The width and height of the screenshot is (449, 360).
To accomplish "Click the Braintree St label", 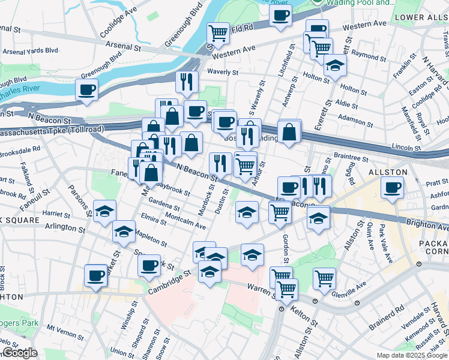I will (351, 158).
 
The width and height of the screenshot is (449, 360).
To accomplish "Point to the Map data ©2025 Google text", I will (412, 355).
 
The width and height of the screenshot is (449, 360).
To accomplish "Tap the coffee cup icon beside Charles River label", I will (86, 90).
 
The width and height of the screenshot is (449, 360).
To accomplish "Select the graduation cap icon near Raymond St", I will (335, 65).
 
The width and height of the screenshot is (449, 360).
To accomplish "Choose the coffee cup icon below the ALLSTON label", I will (393, 187).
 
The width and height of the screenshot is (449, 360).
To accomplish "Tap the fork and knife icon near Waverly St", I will (187, 81).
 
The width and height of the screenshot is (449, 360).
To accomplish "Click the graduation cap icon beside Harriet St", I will (104, 211).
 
